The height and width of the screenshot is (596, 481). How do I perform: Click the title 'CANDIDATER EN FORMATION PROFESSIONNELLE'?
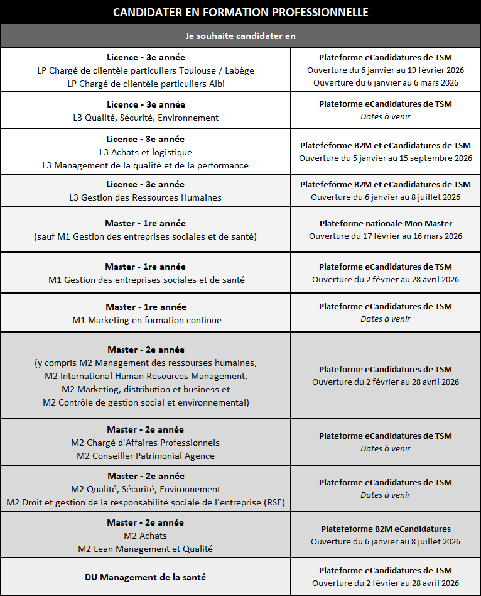240,13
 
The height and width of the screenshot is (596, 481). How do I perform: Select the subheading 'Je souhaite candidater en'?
240,36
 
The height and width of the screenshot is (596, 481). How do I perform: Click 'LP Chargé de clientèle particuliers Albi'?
146,84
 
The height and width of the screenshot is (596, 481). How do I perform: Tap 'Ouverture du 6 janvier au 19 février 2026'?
386,70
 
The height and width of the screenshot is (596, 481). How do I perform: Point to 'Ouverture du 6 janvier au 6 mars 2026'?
386,82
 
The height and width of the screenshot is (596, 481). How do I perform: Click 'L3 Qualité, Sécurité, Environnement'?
146,118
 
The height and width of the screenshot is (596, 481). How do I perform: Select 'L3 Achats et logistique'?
146,152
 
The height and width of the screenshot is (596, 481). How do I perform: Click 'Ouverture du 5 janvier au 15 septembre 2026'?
386,158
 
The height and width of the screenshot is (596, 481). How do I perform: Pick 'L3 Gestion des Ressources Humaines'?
146,197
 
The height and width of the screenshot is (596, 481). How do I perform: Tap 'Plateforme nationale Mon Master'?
386,223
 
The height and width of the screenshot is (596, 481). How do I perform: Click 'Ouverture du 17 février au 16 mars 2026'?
386,236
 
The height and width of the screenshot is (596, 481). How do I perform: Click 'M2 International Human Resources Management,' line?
146,376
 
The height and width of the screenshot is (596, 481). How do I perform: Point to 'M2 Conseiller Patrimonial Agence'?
146,456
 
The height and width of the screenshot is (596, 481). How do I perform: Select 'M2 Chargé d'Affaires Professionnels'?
146,443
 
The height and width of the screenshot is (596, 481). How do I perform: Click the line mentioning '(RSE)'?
146,502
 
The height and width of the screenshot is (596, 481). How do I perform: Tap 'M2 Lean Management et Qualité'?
146,549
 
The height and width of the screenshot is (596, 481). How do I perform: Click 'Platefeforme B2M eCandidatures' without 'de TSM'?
386,529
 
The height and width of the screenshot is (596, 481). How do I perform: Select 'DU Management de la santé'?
146,577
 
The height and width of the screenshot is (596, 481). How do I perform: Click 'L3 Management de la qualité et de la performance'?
146,165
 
